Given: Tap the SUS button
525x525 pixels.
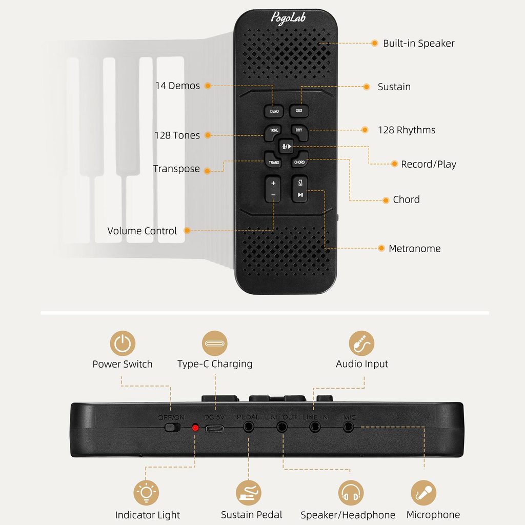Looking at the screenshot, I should (299, 110).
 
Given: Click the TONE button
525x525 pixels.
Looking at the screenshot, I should (274, 131).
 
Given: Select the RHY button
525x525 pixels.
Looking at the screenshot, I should (299, 130).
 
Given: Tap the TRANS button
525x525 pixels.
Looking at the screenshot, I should (274, 162).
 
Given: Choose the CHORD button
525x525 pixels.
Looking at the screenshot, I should (299, 162).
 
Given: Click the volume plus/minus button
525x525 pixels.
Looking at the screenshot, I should (273, 189).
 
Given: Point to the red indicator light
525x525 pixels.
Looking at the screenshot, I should (195, 427).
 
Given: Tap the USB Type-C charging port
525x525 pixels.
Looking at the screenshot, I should (215, 427).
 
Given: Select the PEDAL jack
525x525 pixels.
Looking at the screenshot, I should (249, 427).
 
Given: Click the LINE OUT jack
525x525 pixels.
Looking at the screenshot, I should (281, 427).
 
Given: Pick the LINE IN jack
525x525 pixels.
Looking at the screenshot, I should (314, 427).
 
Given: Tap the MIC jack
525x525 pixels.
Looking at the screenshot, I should (349, 427).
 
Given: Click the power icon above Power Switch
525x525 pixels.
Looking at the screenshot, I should (123, 344).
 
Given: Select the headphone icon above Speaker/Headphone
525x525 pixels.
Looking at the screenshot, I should (351, 493).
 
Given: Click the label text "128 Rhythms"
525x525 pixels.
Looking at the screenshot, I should (407, 130).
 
